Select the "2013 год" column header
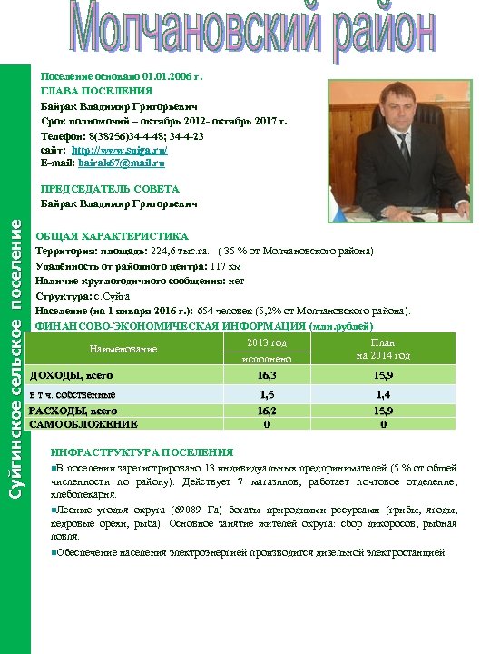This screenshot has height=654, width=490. click(267, 342)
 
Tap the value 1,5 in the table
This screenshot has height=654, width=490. click(267, 394)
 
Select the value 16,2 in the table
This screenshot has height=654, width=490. click(267, 411)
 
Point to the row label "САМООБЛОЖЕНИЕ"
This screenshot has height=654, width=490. click(83, 423)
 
